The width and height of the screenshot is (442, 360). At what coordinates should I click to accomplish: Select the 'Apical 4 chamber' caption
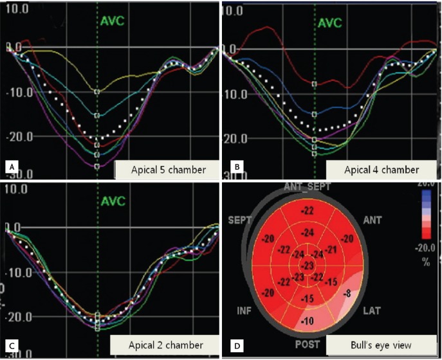coord(373,170)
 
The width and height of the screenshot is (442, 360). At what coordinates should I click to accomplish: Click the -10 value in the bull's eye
coord(309,321)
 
